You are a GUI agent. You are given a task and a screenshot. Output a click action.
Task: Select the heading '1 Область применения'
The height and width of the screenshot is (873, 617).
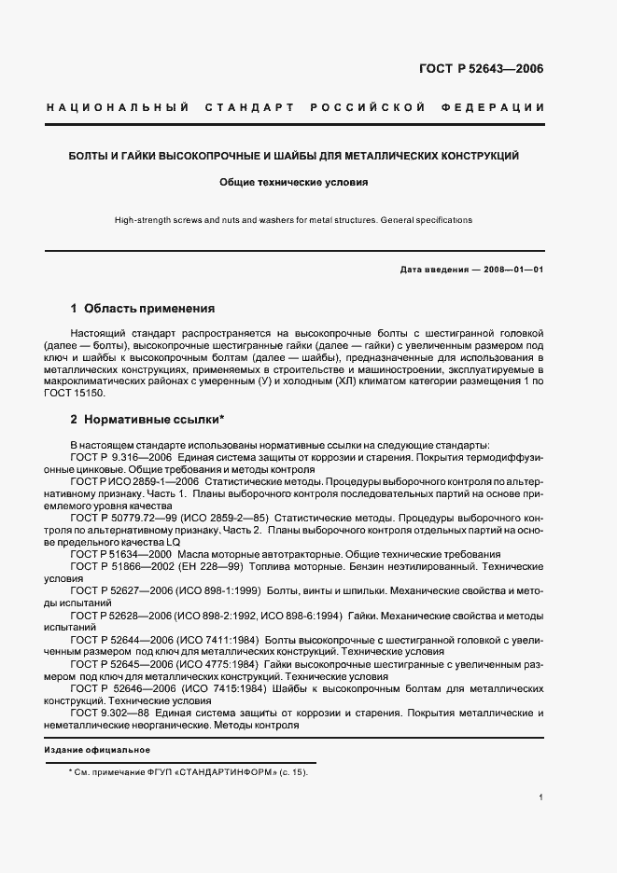click(x=143, y=308)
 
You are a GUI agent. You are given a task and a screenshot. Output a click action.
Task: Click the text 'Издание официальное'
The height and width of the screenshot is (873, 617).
click(x=97, y=750)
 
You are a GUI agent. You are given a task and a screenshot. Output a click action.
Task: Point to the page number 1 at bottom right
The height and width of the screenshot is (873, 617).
click(x=541, y=797)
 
